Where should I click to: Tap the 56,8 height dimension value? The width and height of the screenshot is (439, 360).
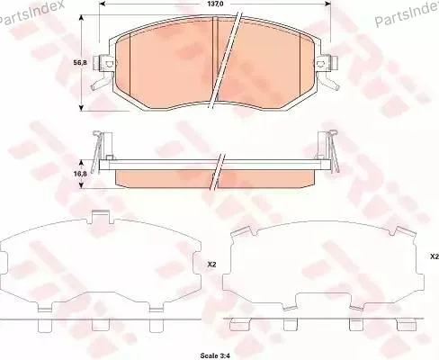click(80, 63)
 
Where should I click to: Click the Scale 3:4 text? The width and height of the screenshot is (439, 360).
click(215, 355)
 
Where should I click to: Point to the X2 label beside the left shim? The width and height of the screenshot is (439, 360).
click(211, 265)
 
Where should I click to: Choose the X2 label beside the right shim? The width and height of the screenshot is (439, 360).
click(435, 256)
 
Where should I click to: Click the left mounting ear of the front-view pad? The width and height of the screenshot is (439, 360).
click(103, 64)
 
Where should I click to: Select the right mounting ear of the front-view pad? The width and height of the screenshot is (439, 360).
click(327, 64)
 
